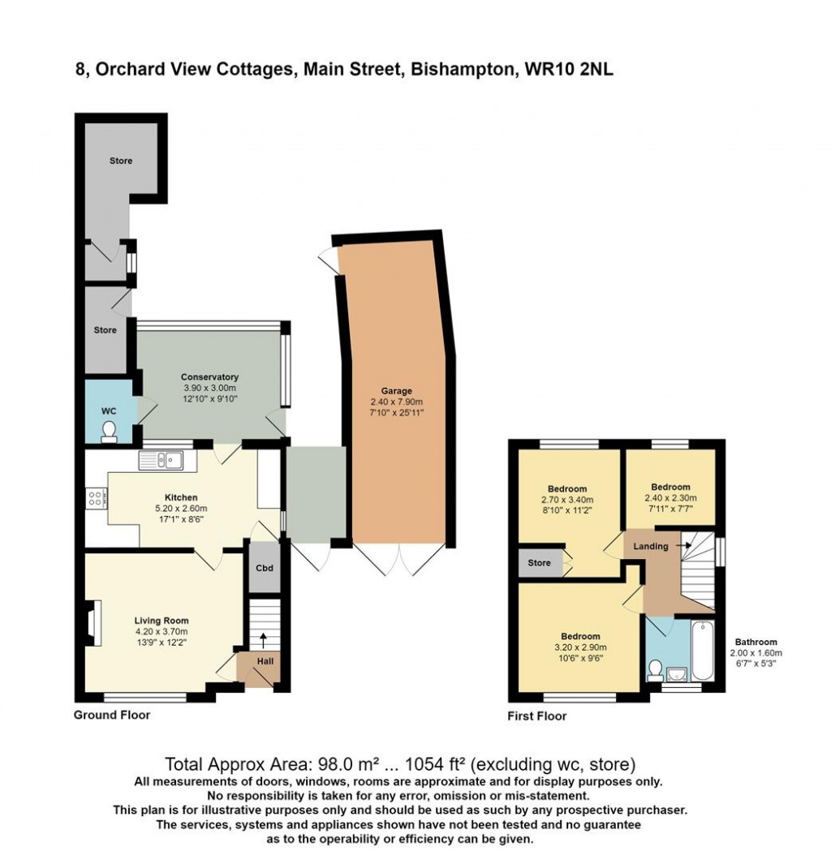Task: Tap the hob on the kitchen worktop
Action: [96, 499]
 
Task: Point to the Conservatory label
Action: [209, 376]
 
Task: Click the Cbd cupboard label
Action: [264, 568]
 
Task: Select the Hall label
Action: [264, 660]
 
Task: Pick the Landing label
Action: [651, 546]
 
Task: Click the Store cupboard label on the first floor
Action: [539, 563]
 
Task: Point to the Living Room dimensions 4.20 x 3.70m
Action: [161, 632]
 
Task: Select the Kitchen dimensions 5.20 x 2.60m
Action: [181, 509]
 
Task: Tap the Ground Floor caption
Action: [112, 715]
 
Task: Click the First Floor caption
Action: [536, 716]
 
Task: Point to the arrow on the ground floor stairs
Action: [262, 642]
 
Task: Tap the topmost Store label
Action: [121, 161]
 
